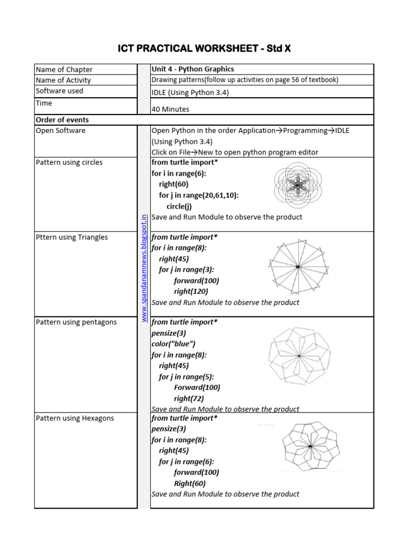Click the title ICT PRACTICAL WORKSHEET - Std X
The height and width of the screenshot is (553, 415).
click(204, 49)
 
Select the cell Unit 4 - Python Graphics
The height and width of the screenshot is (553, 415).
click(192, 69)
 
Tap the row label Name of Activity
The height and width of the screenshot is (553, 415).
click(63, 80)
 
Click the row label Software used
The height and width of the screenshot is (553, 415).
click(59, 91)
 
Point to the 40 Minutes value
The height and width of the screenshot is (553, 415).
click(170, 109)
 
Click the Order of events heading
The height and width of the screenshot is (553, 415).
click(62, 119)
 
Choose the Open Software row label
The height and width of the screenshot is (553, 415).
click(61, 130)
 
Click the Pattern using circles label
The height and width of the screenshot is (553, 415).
click(69, 162)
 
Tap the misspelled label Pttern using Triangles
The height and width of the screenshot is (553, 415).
click(72, 237)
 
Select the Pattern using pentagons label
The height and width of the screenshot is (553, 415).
click(76, 322)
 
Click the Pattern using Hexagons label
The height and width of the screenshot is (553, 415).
click(75, 418)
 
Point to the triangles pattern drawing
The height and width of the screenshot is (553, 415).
click(297, 267)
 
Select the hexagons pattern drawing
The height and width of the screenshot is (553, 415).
click(310, 447)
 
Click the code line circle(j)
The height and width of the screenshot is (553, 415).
click(179, 206)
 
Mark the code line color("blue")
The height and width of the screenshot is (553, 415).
click(173, 343)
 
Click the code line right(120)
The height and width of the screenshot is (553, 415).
click(191, 291)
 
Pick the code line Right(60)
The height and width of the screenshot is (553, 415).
click(190, 483)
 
